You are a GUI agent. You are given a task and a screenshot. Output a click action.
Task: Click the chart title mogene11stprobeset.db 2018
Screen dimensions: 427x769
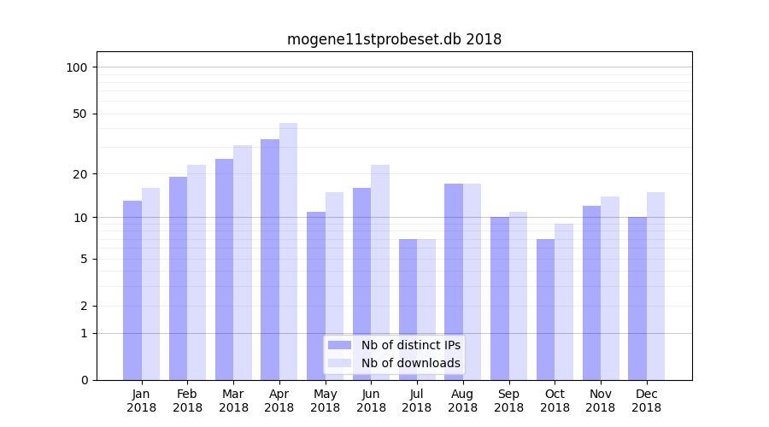tap(394, 39)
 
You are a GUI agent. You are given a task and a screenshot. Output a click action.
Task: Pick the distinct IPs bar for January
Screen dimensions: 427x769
tap(132, 290)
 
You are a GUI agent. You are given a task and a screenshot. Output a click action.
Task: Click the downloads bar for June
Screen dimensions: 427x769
tap(380, 272)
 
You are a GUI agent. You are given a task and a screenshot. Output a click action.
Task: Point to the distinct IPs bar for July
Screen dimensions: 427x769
tap(408, 309)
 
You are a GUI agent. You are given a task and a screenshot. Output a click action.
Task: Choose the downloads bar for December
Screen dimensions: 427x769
tap(655, 286)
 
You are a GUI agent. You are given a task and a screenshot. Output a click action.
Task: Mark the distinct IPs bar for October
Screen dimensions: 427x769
tap(545, 309)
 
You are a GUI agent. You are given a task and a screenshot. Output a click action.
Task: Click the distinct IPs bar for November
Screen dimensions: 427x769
tap(591, 292)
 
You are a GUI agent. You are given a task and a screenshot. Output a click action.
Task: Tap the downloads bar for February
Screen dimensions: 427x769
tap(197, 272)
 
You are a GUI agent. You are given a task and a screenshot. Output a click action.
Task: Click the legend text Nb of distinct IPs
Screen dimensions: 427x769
tap(410, 345)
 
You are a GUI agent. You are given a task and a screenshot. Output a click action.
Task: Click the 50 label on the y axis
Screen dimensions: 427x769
tap(80, 114)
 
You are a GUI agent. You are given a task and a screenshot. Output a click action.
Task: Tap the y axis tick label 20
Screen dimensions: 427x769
tap(80, 174)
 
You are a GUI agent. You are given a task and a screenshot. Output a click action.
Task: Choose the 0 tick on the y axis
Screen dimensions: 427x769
tap(84, 380)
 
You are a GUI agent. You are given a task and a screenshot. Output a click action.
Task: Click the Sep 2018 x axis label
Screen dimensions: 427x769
tap(508, 401)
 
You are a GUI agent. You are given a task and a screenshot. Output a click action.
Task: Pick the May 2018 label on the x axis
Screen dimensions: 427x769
tap(326, 401)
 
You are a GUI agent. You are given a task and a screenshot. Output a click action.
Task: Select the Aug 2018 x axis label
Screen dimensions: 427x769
tap(463, 401)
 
